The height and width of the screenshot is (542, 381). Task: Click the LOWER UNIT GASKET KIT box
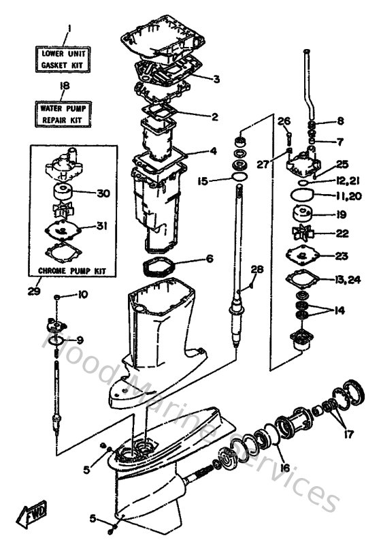(x=66, y=59)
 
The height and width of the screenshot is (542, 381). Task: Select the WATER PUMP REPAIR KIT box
(x=66, y=112)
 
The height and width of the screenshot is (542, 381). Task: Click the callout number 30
(x=103, y=193)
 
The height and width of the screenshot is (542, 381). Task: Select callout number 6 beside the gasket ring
(x=210, y=259)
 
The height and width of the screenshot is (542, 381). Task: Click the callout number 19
(x=341, y=214)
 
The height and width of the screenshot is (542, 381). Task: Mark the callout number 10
(x=82, y=295)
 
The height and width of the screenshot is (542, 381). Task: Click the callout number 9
(x=80, y=340)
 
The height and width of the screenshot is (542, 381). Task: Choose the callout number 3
(x=216, y=79)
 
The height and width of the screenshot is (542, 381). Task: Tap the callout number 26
(x=284, y=121)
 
